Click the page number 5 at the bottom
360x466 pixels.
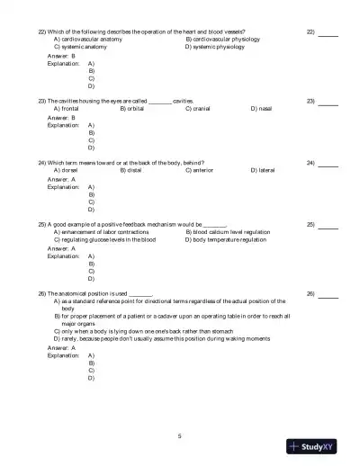tap(180, 435)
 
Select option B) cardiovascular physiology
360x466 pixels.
tap(223, 40)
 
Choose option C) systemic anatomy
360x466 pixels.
tap(80, 47)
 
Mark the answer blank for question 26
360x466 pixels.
tap(328, 296)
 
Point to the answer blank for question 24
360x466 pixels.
tap(328, 165)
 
